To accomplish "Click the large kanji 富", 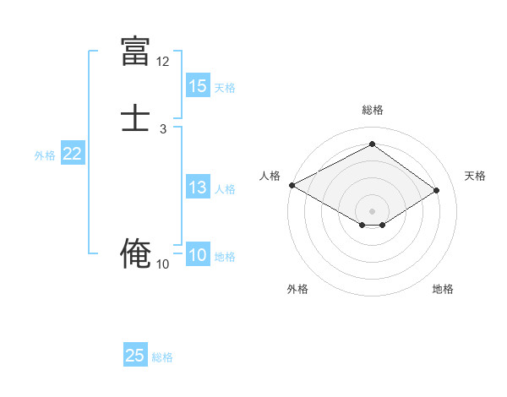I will coord(136,52).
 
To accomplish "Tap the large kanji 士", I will coord(136,118).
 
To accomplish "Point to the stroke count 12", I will coord(162,62).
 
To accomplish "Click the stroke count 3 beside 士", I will coord(162,129).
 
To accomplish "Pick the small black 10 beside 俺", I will coord(162,264).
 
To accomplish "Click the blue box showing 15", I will coord(198,86).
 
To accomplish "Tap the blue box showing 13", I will coord(198,188).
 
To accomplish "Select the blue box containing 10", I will coord(198,256).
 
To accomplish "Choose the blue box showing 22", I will coord(73,154).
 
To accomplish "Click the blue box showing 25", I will coord(135,356).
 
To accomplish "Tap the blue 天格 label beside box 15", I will coord(225,88).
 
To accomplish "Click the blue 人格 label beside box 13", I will coord(225,189).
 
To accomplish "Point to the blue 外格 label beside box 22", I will coord(45,155).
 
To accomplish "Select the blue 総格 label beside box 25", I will coord(162,357).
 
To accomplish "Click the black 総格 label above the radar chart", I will coord(372,110).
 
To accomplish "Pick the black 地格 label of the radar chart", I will coord(443,289).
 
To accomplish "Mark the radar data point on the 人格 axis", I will coord(292,185).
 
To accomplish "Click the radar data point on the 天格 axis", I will coord(437,190).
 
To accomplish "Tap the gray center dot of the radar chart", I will coord(372,210).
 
